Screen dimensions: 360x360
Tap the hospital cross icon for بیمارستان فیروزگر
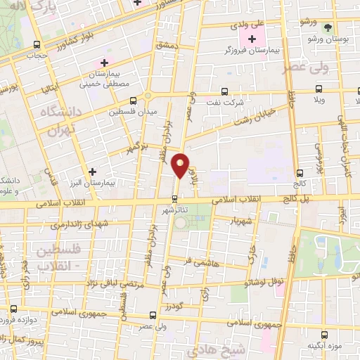(252, 38)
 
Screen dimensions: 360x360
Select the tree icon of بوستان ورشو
(328, 27)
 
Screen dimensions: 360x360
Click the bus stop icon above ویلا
(319, 89)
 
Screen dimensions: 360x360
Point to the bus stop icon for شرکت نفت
(224, 91)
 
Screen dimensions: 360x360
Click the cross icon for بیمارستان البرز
(91, 172)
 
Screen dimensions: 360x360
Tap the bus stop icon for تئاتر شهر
(174, 198)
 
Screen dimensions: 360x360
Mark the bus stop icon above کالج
(300, 172)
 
